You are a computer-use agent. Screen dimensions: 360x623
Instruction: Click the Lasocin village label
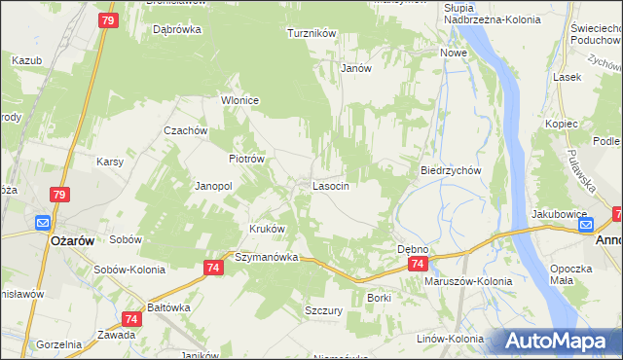pyautogui.click(x=330, y=185)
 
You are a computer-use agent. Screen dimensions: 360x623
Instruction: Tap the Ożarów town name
pyautogui.click(x=70, y=240)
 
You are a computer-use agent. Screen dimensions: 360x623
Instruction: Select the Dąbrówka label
pyautogui.click(x=177, y=29)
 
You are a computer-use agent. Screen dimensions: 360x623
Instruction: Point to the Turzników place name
pyautogui.click(x=311, y=33)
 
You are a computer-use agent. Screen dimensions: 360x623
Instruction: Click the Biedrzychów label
pyautogui.click(x=452, y=169)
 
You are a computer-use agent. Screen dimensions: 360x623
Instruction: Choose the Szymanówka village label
pyautogui.click(x=266, y=257)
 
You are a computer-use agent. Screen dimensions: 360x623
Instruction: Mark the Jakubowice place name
pyautogui.click(x=559, y=213)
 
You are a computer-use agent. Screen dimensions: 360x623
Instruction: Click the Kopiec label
pyautogui.click(x=562, y=124)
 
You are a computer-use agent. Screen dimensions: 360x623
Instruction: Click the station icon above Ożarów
pyautogui.click(x=43, y=222)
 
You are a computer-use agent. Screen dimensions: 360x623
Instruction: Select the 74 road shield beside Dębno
pyautogui.click(x=418, y=264)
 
